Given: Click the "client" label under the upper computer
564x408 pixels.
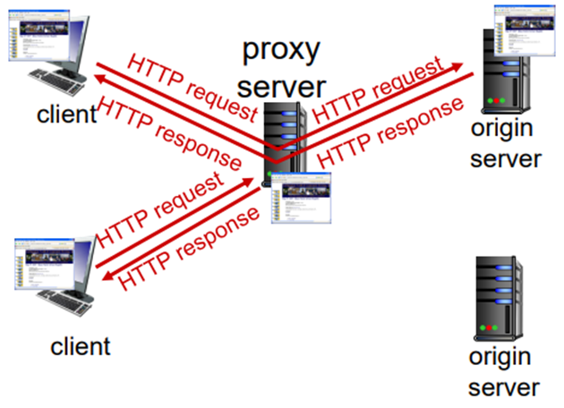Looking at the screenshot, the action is (64, 115).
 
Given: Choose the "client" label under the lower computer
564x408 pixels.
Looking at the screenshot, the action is (80, 345).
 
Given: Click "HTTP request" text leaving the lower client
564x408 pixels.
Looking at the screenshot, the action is (159, 211).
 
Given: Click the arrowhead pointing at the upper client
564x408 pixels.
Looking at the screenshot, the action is (96, 80).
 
